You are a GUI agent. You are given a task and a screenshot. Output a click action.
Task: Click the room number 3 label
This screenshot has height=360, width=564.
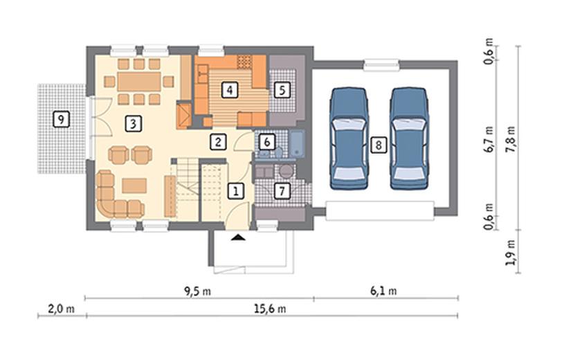[134, 124]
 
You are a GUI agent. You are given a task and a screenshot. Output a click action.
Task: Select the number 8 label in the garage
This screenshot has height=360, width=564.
[378, 145]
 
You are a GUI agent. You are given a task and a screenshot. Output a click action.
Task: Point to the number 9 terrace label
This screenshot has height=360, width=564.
[61, 119]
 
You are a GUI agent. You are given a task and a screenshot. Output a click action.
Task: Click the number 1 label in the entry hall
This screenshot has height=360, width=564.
[235, 191]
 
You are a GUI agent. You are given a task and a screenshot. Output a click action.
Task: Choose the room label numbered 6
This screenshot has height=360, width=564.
[267, 142]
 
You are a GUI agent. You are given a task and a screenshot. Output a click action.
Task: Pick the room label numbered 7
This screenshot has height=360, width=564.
[282, 191]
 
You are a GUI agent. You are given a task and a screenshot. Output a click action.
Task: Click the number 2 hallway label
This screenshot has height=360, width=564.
[218, 142]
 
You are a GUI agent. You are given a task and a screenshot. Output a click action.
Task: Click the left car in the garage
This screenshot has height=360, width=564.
[349, 138]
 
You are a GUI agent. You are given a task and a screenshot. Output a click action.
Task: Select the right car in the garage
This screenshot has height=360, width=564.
[409, 138]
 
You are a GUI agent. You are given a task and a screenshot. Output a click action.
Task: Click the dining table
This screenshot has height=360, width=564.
[139, 82]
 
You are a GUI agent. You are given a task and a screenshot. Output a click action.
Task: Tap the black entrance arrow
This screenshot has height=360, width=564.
[238, 237]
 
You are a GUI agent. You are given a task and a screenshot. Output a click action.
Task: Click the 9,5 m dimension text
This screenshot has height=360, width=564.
[197, 291]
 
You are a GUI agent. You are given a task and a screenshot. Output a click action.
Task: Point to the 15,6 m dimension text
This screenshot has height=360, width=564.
[270, 309]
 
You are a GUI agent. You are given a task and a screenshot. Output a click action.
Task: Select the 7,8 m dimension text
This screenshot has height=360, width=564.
[511, 139]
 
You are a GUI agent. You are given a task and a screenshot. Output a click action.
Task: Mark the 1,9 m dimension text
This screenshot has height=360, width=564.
[511, 253]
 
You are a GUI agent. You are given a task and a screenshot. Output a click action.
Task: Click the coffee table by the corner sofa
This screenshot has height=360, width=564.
[134, 186]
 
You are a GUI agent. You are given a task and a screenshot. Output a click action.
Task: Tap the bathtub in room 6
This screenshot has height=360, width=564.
[297, 145]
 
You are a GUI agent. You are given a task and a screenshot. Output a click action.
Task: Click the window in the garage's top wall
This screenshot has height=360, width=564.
[381, 65]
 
